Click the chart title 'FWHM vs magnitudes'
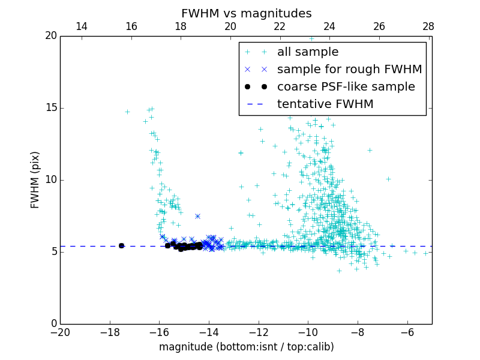246,13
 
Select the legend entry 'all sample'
308,52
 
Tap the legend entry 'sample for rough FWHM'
349,70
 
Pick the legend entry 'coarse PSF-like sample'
346,87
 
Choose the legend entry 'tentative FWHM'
325,104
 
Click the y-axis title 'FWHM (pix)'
35,180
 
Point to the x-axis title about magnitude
246,347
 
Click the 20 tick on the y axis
50,36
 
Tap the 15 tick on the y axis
50,108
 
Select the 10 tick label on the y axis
50,180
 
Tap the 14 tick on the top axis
82,26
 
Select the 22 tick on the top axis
280,26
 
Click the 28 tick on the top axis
428,26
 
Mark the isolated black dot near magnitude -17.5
121,245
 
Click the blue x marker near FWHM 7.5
197,216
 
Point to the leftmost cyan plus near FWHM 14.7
127,112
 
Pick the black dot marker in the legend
256,87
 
